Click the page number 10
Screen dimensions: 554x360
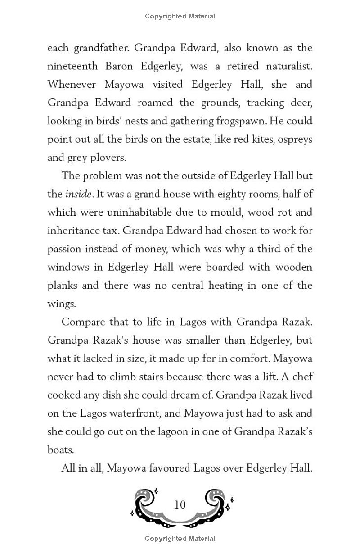click(x=180, y=504)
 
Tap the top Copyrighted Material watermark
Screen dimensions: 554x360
click(x=180, y=16)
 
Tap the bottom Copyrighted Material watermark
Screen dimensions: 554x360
click(x=180, y=539)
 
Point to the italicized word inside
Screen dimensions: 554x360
click(x=79, y=194)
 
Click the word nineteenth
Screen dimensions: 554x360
click(x=72, y=66)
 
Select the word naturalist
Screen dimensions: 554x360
click(x=286, y=66)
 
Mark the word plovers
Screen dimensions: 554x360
click(x=110, y=158)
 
